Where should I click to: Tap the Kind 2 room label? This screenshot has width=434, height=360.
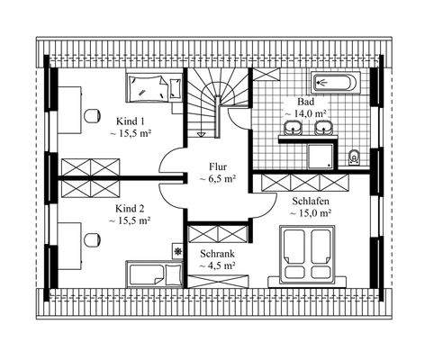point(130,208)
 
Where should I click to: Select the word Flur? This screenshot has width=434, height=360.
point(217,166)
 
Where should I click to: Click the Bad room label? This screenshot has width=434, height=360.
point(305,103)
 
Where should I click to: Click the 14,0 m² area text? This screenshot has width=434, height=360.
point(306,114)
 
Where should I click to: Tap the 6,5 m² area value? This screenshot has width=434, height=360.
point(217,179)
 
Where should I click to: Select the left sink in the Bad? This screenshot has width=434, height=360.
point(295,128)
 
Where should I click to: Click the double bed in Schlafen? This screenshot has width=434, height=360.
point(309,255)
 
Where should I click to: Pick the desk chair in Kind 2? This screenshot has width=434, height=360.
point(91,240)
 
